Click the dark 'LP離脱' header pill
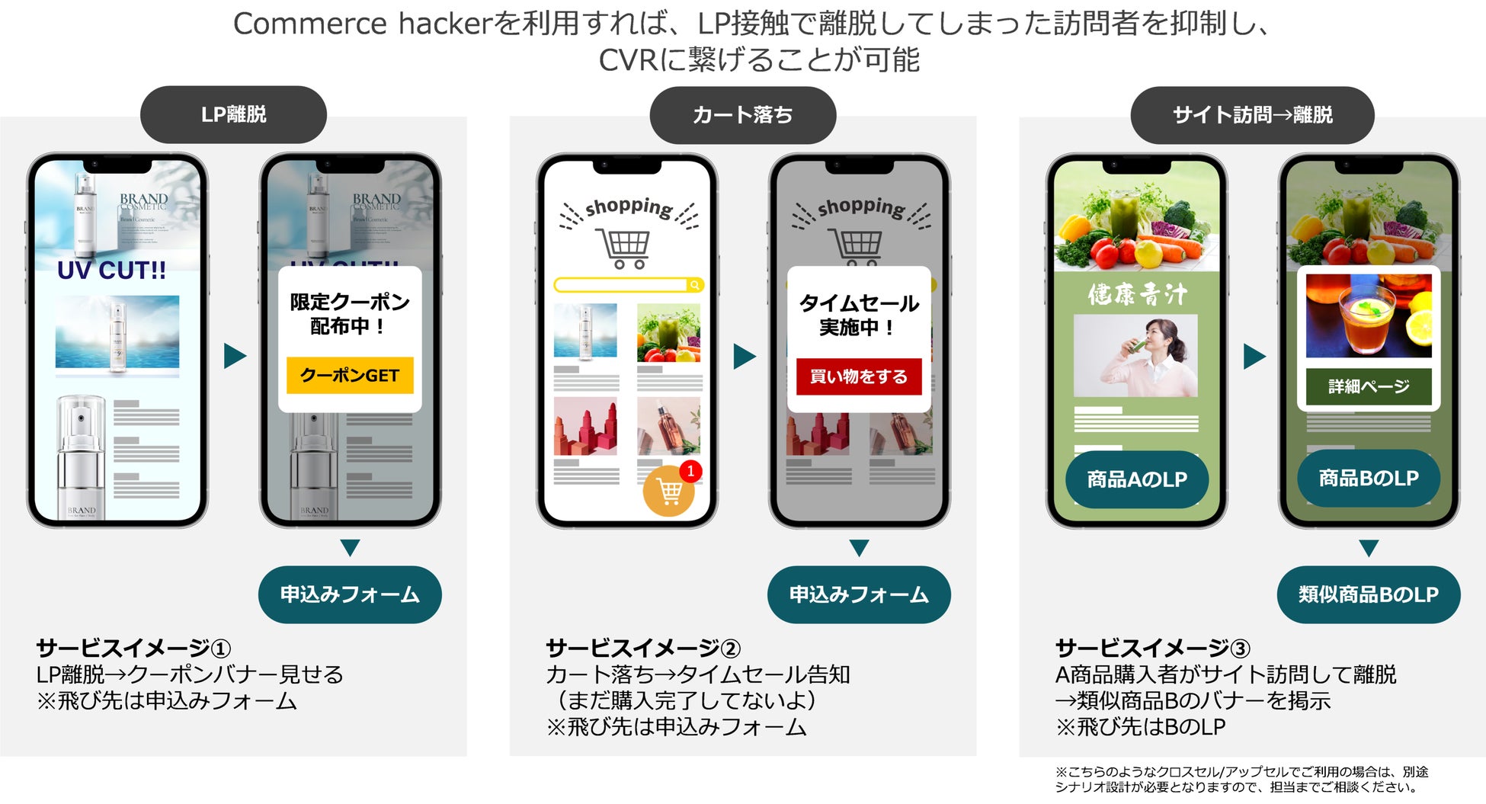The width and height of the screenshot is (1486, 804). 233,114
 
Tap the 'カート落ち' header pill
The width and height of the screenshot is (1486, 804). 742,115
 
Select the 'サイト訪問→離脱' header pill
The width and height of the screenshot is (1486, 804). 1252,115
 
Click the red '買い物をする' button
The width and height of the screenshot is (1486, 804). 858,376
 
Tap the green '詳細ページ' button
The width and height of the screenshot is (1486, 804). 1368,386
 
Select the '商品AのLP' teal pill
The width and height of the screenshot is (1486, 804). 1136,479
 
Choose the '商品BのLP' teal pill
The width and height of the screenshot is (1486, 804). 1368,478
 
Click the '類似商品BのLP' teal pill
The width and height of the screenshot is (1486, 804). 1368,594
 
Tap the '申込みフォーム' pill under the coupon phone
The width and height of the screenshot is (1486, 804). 350,594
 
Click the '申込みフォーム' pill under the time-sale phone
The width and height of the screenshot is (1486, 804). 859,594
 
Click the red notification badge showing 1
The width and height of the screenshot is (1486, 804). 690,471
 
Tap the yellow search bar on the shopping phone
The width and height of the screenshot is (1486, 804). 621,285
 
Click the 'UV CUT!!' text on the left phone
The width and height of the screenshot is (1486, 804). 111,271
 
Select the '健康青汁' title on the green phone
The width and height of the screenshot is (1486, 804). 1136,294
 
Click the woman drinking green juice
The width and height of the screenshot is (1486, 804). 1135,356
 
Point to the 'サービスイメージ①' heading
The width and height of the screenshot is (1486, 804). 133,648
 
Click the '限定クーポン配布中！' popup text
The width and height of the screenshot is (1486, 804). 350,314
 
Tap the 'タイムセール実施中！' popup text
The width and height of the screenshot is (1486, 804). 858,315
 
